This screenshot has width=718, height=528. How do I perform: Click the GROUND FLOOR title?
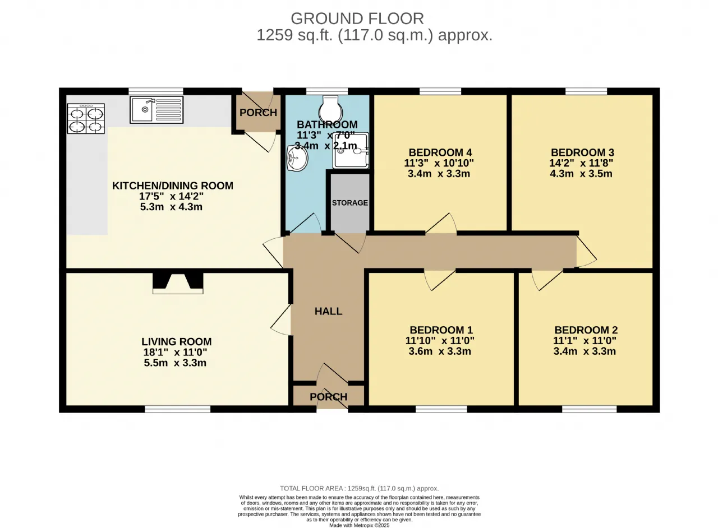357,18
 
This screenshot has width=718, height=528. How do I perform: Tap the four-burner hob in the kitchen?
86,118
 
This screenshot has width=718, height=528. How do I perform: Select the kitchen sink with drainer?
157,109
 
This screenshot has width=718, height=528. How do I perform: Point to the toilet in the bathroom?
331,108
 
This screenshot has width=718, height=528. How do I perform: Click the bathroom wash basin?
297,158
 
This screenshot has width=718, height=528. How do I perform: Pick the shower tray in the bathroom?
351,151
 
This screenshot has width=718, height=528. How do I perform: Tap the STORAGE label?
349,203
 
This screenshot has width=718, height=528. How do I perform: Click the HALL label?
328,311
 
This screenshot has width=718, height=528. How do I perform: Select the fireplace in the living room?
178,283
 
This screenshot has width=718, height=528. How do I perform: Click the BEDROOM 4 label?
440,152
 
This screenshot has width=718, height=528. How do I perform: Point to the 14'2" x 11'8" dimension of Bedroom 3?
581,163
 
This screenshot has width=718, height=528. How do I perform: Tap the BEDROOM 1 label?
441,330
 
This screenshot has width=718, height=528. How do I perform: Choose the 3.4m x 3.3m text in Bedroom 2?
584,351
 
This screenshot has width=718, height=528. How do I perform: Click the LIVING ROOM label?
177,341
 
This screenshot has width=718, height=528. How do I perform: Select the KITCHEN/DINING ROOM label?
172,186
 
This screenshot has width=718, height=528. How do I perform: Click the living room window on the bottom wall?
178,409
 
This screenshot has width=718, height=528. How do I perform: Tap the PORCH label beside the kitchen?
259,113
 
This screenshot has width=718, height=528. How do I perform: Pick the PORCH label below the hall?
329,397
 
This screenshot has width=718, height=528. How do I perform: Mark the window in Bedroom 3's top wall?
586,91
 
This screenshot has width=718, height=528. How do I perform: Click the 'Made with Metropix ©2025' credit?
360,525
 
